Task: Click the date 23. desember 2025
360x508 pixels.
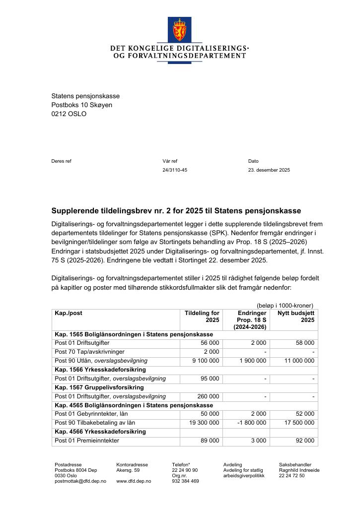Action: (x=269, y=170)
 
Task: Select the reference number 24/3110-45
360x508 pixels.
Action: (x=175, y=170)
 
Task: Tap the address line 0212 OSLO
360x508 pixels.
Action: (x=69, y=114)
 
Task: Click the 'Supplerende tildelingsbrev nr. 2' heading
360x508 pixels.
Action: (x=176, y=211)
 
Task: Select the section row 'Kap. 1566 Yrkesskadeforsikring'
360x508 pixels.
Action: (x=100, y=370)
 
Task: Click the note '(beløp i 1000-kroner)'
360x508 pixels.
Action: (x=285, y=306)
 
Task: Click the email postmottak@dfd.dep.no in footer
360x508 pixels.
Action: (x=80, y=481)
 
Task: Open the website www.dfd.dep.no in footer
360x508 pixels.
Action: (x=134, y=481)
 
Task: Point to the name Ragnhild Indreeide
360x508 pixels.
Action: (x=299, y=470)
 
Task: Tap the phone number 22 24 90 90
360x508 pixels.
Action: (x=185, y=470)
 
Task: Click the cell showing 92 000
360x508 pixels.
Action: (x=303, y=441)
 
